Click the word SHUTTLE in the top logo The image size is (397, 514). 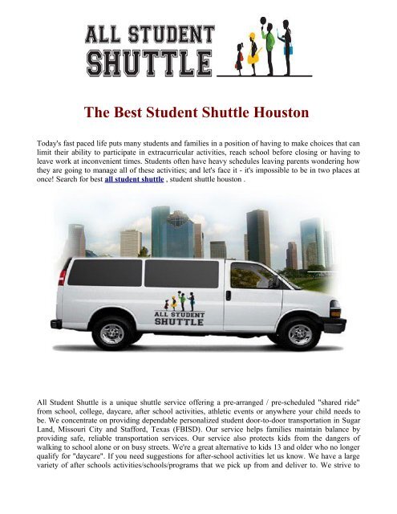tap(149, 62)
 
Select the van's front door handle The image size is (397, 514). tap(229, 296)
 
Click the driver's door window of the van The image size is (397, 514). tap(248, 275)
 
